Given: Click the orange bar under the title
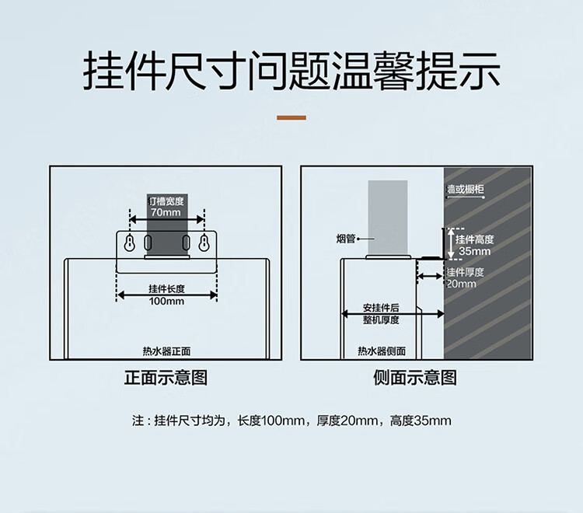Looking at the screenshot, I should coord(291,118).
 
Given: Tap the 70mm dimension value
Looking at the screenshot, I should coord(166,213).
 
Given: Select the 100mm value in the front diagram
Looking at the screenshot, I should coord(166,301).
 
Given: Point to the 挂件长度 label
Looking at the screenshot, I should coord(166,289).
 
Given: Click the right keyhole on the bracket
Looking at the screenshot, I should coord(204,243).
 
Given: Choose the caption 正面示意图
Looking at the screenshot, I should coord(166,379).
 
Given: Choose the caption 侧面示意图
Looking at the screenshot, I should coord(415,379).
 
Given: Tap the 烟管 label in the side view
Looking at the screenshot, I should coord(346,239).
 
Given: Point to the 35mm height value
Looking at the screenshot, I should coord(474,252).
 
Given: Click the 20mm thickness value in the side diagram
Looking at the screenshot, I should coord(461,284).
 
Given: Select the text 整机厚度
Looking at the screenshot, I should coord(381,319).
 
